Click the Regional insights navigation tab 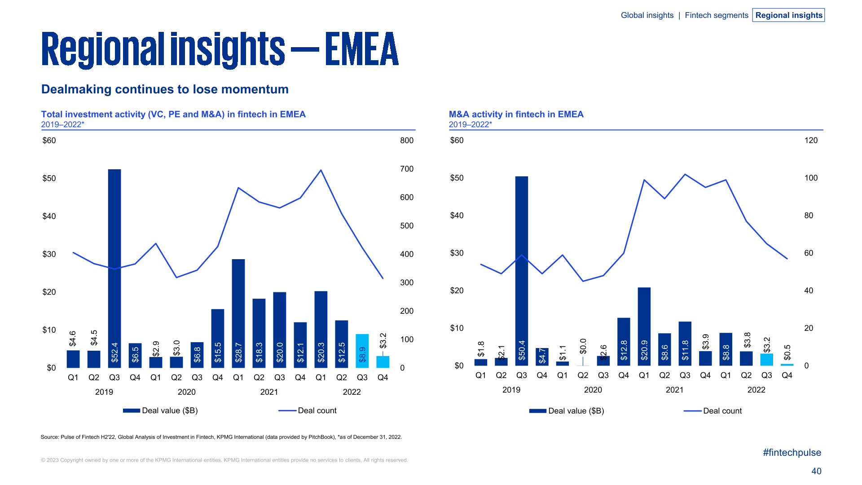[788, 15]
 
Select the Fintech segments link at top [716, 15]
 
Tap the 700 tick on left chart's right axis [407, 169]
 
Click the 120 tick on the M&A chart [811, 141]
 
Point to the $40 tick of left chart [49, 216]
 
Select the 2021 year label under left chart [269, 392]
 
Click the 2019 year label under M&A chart [511, 390]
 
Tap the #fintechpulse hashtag [792, 453]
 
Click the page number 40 [816, 471]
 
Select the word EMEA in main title [361, 49]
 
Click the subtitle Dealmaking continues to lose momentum [165, 89]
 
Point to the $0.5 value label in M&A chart [787, 352]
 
